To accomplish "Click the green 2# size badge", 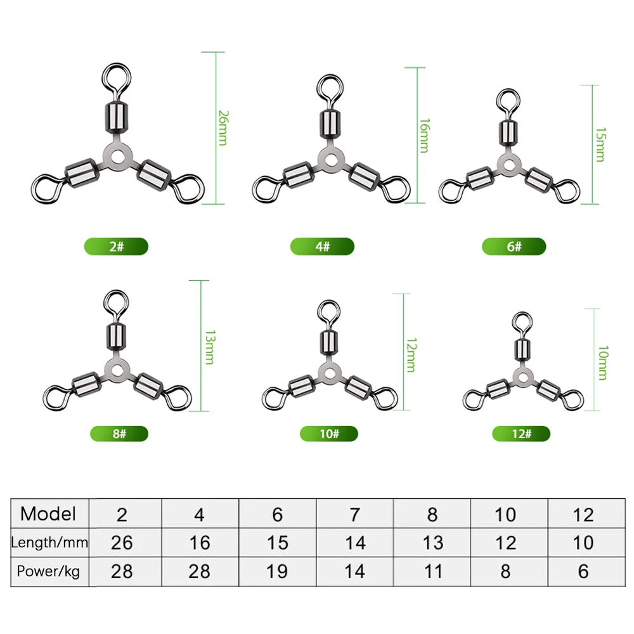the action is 116,246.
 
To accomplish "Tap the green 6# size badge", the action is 514,246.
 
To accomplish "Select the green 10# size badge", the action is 328,434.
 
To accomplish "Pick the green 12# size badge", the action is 521,434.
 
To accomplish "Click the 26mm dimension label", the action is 223,128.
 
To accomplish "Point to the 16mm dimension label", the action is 424,136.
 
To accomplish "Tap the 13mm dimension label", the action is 210,347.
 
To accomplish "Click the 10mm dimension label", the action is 603,363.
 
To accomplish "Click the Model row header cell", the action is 48,514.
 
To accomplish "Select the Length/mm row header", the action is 49,542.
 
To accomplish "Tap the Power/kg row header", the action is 49,571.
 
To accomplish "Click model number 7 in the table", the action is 354,515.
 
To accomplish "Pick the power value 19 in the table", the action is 277,572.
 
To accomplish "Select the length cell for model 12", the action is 583,543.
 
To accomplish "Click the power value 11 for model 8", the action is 433,572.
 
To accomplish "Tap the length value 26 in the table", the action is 122,543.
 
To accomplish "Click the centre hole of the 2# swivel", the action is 117,157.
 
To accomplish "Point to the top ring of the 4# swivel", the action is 331,89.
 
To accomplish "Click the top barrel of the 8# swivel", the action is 116,337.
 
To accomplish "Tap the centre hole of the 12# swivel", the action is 523,378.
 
